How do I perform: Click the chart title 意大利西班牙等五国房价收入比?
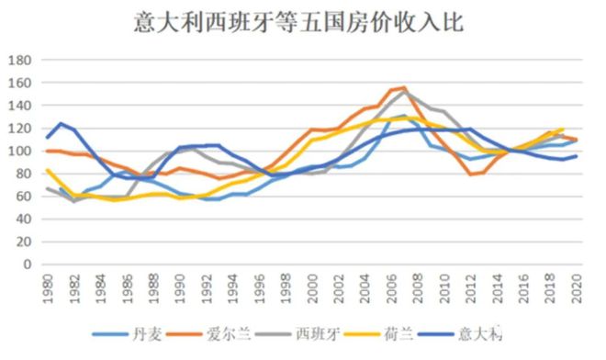(x=303, y=20)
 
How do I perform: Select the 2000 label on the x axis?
(x=310, y=287)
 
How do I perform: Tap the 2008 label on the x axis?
(x=416, y=287)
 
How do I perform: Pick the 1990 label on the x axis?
(x=178, y=287)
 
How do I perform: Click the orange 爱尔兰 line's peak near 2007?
(x=404, y=88)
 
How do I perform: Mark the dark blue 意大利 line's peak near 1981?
(x=60, y=123)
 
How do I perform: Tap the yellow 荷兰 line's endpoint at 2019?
(x=561, y=129)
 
